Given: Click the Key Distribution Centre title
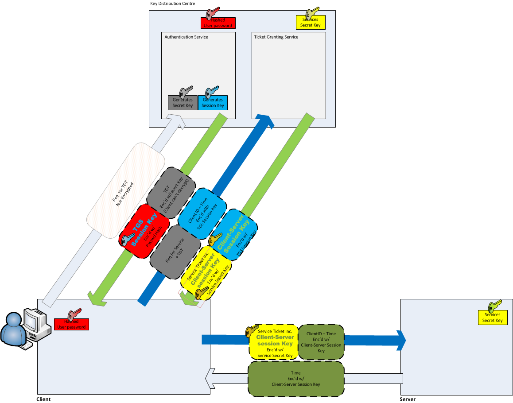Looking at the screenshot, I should [x=172, y=4].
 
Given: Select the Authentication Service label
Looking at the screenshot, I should [x=186, y=37].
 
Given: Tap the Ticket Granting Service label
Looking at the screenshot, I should [x=276, y=37].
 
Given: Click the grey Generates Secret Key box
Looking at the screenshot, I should [x=183, y=103].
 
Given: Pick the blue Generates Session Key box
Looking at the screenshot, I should [x=213, y=103].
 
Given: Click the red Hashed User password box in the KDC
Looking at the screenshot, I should [x=218, y=23].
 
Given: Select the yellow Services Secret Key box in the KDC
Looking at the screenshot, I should [x=311, y=23].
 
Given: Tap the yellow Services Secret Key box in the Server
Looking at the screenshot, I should [x=492, y=318].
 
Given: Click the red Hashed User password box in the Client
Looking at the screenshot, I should [x=71, y=324].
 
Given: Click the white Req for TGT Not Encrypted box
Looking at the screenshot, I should [x=126, y=191].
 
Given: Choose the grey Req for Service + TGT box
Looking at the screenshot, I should [x=175, y=252].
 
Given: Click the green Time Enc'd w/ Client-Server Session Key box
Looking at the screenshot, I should [x=295, y=379].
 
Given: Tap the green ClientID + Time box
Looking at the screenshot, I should [x=321, y=342].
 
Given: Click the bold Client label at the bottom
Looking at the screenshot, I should [x=43, y=399].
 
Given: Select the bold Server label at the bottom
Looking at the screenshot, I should [x=408, y=399].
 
